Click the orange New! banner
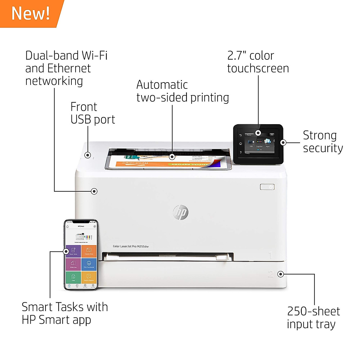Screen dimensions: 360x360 (x=30, y=13)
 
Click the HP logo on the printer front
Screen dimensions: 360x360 (x=181, y=212)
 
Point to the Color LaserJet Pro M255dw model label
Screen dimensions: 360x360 (x=130, y=246)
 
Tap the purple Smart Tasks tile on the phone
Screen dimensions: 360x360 (x=73, y=251)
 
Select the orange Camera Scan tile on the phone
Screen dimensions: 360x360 (x=89, y=251)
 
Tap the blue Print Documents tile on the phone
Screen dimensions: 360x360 (x=89, y=264)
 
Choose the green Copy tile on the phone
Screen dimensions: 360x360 (x=73, y=277)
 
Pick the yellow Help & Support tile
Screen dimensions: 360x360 (x=89, y=277)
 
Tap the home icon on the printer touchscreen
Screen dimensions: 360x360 (x=240, y=144)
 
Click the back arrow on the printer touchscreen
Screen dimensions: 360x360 (x=240, y=135)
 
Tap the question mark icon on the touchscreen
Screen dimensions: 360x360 (x=240, y=152)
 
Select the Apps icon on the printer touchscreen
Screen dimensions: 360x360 (x=268, y=143)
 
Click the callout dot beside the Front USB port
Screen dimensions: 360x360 (x=88, y=155)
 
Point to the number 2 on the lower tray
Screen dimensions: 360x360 (x=271, y=274)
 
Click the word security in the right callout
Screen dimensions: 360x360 (x=323, y=148)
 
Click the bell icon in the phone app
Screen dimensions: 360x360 (x=67, y=226)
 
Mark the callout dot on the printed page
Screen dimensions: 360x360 (x=172, y=157)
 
